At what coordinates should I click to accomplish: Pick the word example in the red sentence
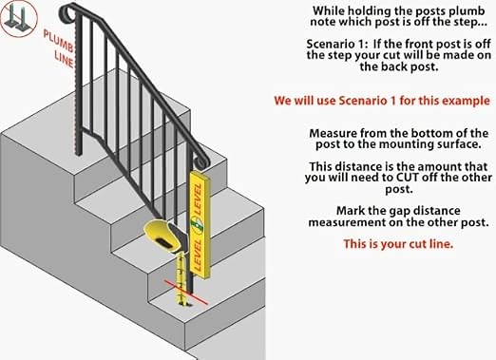click(463, 100)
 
